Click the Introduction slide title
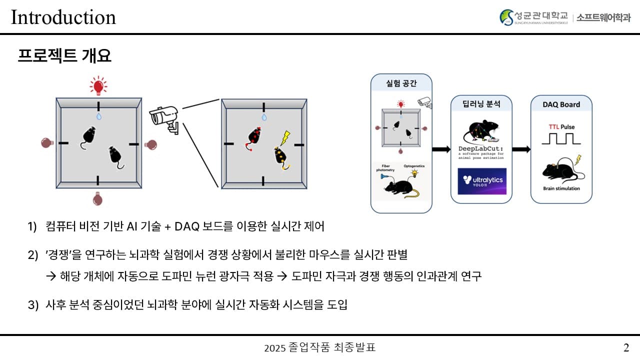[63, 17]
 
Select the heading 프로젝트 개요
[64, 55]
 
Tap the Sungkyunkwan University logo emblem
[506, 17]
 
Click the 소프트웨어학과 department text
[603, 17]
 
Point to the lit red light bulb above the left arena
[98, 85]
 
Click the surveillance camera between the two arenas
[164, 119]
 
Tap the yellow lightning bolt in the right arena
[285, 138]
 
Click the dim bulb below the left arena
[98, 198]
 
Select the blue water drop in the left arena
[98, 116]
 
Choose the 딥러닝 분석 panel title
[481, 104]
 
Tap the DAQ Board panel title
[561, 104]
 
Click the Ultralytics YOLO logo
[481, 181]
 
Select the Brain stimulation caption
[561, 188]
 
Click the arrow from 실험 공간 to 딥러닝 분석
[440, 149]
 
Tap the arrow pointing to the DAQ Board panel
[521, 149]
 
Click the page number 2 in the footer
[626, 347]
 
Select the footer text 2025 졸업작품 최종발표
[319, 347]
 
